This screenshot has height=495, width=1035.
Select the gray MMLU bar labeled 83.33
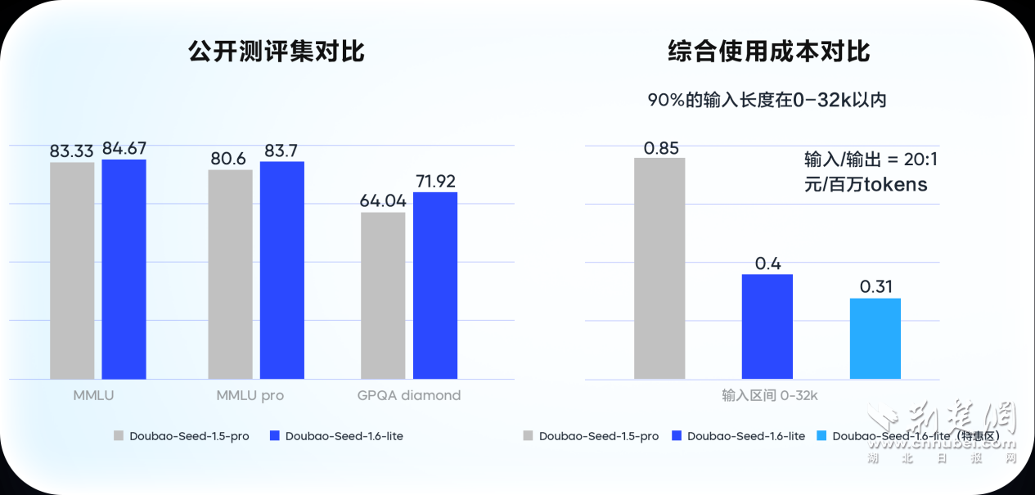[72, 270]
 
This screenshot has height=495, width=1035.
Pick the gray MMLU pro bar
[231, 274]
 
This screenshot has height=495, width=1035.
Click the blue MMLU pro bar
[282, 270]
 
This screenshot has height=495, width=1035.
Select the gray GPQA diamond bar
[383, 295]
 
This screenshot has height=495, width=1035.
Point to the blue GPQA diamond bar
[435, 286]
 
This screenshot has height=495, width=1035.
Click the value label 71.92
[435, 181]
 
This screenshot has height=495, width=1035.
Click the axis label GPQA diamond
[409, 395]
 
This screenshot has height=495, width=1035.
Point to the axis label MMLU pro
[250, 395]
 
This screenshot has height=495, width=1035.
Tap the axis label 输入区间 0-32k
[770, 395]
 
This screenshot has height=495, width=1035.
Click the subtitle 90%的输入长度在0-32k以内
[767, 100]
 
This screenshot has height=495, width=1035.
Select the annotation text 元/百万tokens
[866, 184]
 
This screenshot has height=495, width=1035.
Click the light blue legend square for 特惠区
[822, 436]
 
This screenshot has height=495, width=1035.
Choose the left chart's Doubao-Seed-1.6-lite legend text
[344, 436]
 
